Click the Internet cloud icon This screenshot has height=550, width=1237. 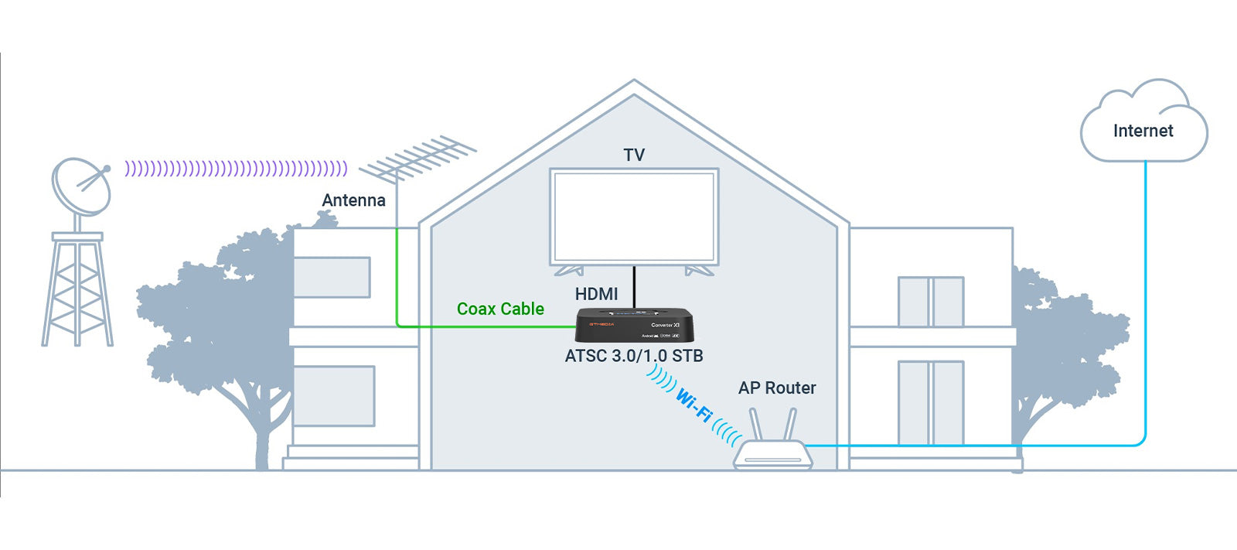tap(1143, 124)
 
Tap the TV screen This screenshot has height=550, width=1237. tap(634, 217)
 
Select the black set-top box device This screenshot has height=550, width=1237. tap(634, 325)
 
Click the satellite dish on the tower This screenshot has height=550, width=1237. tap(80, 186)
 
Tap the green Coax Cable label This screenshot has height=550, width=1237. tap(500, 309)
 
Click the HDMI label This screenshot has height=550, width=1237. tap(596, 294)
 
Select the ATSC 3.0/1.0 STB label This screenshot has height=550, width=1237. tap(634, 356)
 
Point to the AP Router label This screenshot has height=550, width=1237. tap(777, 388)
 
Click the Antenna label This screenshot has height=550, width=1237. tap(353, 200)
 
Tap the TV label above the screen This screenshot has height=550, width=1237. tap(634, 155)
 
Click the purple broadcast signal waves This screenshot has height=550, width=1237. tap(236, 168)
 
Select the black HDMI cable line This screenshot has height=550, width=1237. tap(634, 287)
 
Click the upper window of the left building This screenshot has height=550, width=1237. tap(332, 277)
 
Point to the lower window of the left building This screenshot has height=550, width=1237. tap(334, 396)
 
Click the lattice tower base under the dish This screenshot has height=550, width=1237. tap(77, 290)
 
